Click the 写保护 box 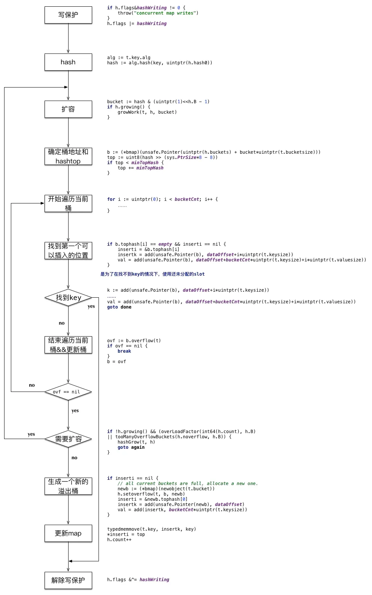pyautogui.click(x=68, y=15)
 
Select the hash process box pyautogui.click(x=68, y=62)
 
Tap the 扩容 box pyautogui.click(x=68, y=109)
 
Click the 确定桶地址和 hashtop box pyautogui.click(x=68, y=156)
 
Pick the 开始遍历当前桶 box pyautogui.click(x=68, y=203)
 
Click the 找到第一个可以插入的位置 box pyautogui.click(x=68, y=251)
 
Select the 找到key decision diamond pyautogui.click(x=68, y=298)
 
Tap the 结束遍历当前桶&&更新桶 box pyautogui.click(x=68, y=345)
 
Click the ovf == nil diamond pyautogui.click(x=68, y=392)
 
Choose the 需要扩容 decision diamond pyautogui.click(x=68, y=439)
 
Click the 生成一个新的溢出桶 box pyautogui.click(x=68, y=486)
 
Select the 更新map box pyautogui.click(x=68, y=533)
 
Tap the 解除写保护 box pyautogui.click(x=68, y=580)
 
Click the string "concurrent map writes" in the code pyautogui.click(x=165, y=13)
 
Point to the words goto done pyautogui.click(x=119, y=307)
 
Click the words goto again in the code pyautogui.click(x=131, y=447)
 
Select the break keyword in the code pyautogui.click(x=124, y=351)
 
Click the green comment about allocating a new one pyautogui.click(x=188, y=484)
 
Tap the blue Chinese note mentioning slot pyautogui.click(x=152, y=274)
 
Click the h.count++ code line pyautogui.click(x=119, y=540)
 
